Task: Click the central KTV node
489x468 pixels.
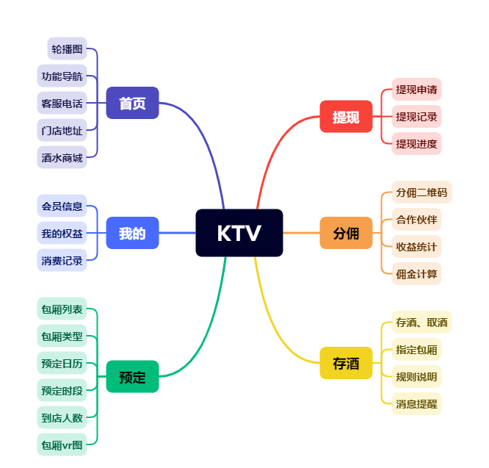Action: [x=239, y=233]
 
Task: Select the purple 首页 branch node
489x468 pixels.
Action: [x=132, y=103]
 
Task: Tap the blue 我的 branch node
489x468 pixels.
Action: [x=132, y=233]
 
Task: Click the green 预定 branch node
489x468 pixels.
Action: [x=132, y=377]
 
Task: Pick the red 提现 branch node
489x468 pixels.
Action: [x=346, y=117]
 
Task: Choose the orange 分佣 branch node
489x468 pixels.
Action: [x=346, y=233]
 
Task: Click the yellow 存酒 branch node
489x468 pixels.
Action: [x=346, y=363]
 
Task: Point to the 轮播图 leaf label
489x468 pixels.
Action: [x=67, y=48]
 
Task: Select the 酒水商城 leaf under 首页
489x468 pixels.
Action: [x=62, y=157]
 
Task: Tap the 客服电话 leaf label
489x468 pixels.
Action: [x=62, y=103]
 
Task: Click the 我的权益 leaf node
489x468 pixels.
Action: [x=62, y=233]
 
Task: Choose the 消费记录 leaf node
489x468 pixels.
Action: [x=62, y=260]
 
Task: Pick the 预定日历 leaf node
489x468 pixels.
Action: [x=62, y=363]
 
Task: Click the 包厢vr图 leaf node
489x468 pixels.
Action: [x=62, y=444]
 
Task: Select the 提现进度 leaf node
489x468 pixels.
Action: [x=416, y=143]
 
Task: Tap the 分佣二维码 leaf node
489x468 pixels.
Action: [x=421, y=192]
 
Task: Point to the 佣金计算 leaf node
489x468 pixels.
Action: [x=416, y=273]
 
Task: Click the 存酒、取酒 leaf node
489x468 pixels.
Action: [x=421, y=322]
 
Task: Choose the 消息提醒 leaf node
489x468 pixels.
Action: [x=416, y=403]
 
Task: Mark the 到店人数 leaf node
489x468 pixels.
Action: [x=62, y=417]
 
